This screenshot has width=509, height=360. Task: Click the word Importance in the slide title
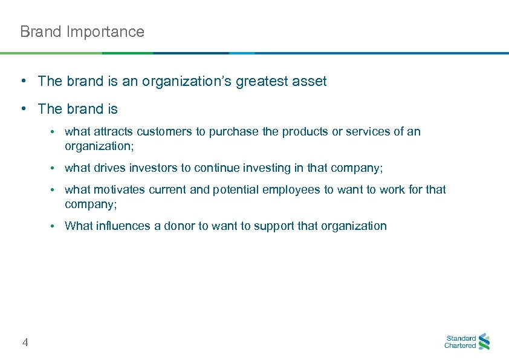click(106, 31)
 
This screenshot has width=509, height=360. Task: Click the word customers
click(163, 131)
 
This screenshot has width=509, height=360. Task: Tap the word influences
click(121, 226)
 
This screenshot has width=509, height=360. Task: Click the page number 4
click(25, 343)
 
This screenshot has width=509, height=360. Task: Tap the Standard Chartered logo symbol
click(484, 342)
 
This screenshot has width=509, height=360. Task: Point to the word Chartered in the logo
click(460, 346)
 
